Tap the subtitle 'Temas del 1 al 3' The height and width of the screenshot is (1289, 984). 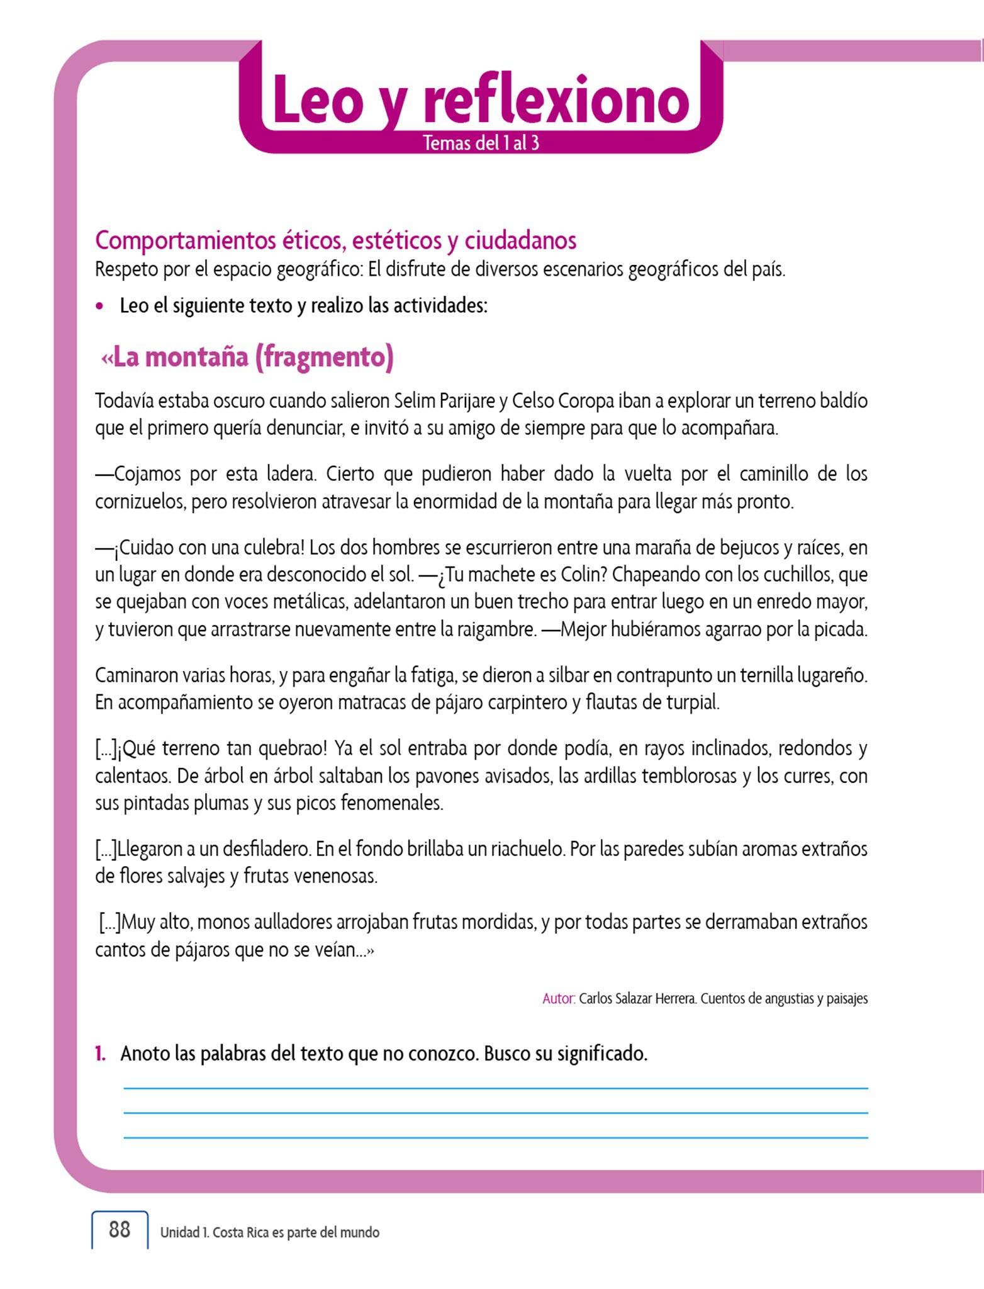pyautogui.click(x=481, y=143)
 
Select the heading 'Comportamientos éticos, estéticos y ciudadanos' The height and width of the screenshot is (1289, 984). pyautogui.click(x=335, y=240)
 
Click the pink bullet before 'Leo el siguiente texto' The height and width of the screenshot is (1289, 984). pyautogui.click(x=99, y=307)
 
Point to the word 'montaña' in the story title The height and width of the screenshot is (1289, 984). pyautogui.click(x=197, y=357)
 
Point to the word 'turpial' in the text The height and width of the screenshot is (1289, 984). pyautogui.click(x=691, y=702)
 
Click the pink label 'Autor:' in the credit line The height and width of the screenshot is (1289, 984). pyautogui.click(x=558, y=999)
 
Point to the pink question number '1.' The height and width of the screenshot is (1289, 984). pyautogui.click(x=101, y=1053)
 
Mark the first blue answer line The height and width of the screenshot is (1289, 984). pyautogui.click(x=496, y=1088)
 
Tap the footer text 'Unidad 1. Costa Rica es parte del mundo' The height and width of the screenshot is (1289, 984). pyautogui.click(x=270, y=1232)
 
